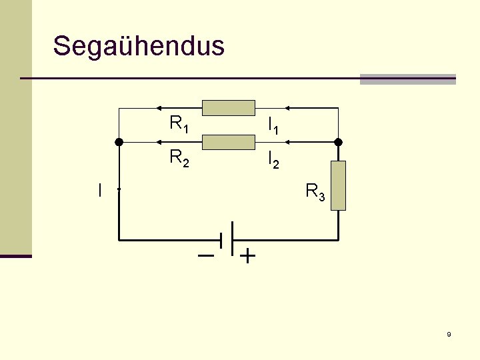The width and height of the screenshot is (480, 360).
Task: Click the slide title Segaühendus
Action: point(139,46)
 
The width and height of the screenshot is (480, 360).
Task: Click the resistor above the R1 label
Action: point(228,107)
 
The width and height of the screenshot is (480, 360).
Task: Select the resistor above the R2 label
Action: point(228,142)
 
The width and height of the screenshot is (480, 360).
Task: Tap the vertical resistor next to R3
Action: point(339,186)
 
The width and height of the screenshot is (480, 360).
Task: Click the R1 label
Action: point(179,124)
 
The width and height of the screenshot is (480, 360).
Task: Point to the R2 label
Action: point(179,159)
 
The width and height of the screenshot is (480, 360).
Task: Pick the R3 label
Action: point(315,193)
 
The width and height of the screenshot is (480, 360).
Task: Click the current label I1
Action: point(273,125)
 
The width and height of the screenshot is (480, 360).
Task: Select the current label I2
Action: point(273,160)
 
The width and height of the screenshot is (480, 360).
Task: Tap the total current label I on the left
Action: point(99,191)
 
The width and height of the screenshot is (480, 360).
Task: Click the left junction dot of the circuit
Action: point(119,142)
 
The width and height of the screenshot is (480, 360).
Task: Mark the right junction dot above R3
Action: point(338,142)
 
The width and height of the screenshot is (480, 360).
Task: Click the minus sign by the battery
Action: point(206,255)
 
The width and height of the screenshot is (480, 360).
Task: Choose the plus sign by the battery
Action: point(247,256)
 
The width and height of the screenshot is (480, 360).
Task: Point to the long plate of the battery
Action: point(231,238)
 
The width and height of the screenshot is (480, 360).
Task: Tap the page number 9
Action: point(449,335)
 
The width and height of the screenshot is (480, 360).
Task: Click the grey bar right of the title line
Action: point(407,79)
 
